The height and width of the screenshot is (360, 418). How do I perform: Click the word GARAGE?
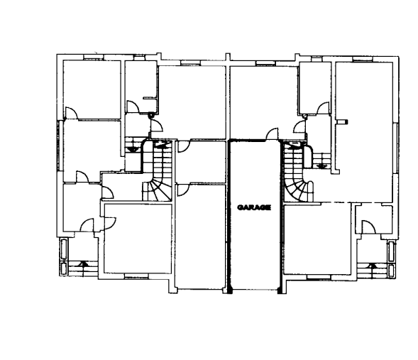tap(254, 207)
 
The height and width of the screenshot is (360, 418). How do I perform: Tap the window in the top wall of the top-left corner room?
tap(93, 57)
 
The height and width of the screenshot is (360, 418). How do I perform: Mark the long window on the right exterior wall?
tap(396, 148)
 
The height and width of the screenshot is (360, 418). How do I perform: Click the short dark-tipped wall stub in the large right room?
tap(342, 121)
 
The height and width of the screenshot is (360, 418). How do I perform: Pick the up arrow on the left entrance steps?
tap(84, 263)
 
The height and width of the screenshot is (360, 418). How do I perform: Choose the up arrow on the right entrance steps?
tap(372, 266)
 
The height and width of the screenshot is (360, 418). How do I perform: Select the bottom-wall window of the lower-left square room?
tap(136, 277)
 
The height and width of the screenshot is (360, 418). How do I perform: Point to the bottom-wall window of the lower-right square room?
tap(319, 278)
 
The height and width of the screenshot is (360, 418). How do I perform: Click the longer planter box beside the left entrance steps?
tap(65, 249)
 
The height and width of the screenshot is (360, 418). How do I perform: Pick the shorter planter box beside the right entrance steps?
tap(391, 271)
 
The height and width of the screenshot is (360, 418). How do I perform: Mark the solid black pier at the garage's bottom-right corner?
tap(280, 290)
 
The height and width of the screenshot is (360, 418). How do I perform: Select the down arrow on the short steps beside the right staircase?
tap(322, 166)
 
